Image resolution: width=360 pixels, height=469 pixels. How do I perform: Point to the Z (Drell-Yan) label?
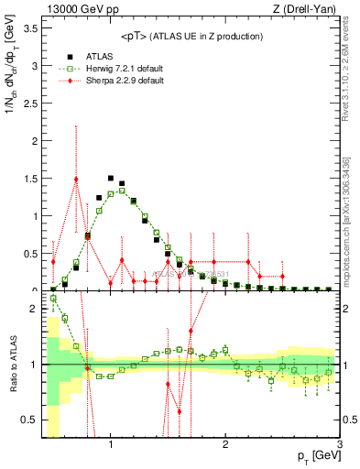click(x=302, y=8)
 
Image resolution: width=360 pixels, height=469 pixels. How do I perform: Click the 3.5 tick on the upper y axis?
click(x=33, y=28)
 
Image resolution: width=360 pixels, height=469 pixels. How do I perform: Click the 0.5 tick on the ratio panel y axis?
click(x=33, y=419)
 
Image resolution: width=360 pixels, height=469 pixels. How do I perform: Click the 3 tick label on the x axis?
click(x=339, y=445)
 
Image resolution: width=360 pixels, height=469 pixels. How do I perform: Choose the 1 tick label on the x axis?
click(x=111, y=445)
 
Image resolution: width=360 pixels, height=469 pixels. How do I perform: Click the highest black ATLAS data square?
click(x=111, y=179)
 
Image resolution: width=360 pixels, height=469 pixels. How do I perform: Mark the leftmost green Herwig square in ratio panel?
click(x=53, y=298)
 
